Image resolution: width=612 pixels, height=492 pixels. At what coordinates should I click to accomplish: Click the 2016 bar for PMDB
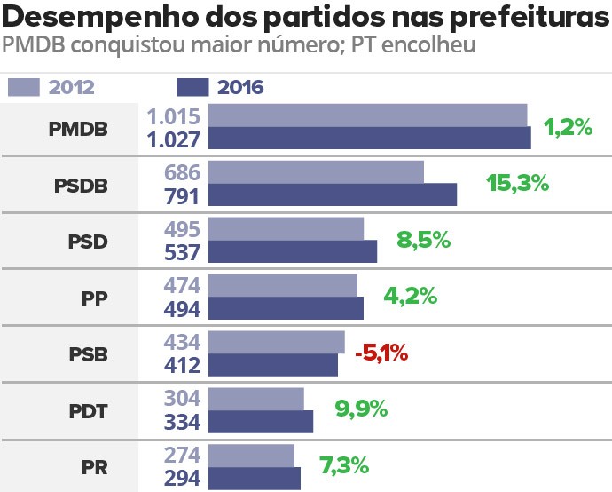(369, 139)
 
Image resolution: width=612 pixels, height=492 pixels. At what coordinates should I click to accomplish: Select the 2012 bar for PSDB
(316, 172)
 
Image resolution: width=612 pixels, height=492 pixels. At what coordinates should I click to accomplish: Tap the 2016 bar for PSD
(293, 251)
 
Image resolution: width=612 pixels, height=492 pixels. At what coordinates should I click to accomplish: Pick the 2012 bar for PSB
(276, 342)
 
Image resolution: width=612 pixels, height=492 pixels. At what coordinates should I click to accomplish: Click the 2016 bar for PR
(255, 479)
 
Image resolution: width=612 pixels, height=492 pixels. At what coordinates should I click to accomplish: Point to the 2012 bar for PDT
(255, 399)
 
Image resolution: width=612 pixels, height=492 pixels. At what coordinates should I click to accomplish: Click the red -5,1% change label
(381, 353)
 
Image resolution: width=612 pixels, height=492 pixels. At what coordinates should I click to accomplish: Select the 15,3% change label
(518, 183)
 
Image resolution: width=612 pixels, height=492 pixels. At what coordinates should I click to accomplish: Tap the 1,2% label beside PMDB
(568, 127)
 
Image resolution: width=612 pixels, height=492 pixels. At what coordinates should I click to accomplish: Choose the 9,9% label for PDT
(361, 409)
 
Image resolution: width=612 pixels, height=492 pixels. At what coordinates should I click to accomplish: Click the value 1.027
(176, 139)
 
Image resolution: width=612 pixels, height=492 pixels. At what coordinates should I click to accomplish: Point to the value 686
(183, 172)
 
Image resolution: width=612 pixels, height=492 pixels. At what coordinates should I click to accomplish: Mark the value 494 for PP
(183, 308)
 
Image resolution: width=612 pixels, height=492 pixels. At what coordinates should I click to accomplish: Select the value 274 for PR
(183, 456)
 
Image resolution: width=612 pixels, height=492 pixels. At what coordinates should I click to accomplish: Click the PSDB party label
(81, 186)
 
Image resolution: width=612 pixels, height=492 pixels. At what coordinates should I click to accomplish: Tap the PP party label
(94, 298)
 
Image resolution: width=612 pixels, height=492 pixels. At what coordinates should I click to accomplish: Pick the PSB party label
(88, 353)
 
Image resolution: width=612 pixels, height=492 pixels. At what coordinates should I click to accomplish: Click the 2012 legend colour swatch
(24, 87)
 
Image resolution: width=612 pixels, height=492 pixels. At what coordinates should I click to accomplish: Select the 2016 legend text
(240, 87)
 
